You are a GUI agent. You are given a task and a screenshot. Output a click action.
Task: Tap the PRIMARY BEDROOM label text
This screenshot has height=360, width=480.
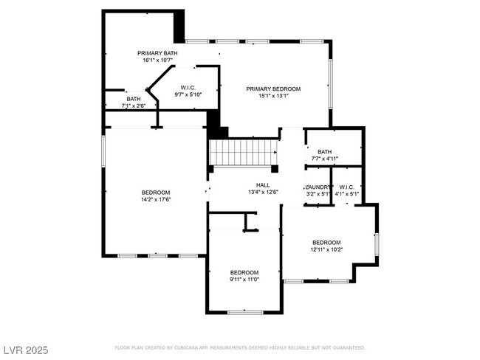click(273, 89)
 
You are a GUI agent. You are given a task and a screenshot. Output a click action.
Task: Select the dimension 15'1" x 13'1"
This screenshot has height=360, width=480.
click(273, 96)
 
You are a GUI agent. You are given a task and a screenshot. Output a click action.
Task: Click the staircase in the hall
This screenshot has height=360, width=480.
click(243, 153)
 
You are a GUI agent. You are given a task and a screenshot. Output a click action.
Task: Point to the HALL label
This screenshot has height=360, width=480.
click(263, 185)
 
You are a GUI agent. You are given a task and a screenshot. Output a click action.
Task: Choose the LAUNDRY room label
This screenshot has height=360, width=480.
click(318, 187)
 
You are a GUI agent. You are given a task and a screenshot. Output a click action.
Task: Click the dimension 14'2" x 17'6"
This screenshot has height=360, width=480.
click(156, 199)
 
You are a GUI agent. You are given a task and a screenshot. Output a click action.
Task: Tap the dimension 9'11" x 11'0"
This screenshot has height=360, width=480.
click(244, 279)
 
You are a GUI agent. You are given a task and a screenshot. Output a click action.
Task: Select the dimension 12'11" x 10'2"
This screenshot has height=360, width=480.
click(326, 249)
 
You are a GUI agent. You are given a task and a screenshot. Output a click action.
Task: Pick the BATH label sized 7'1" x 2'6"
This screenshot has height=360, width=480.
click(134, 98)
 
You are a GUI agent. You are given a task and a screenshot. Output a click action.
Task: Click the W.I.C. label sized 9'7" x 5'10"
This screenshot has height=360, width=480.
click(187, 88)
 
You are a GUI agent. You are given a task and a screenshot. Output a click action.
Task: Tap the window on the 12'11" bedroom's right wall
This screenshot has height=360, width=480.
click(377, 243)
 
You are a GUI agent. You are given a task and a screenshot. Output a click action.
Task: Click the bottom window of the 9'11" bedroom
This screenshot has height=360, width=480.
click(244, 312)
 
